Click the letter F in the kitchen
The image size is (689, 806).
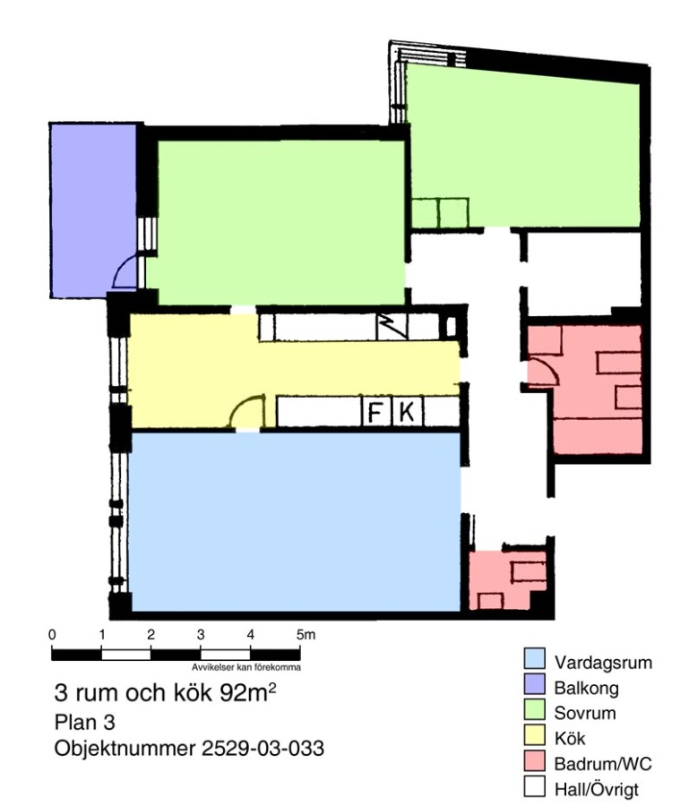[375, 412]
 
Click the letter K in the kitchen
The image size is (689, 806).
[407, 412]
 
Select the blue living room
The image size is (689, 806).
[295, 522]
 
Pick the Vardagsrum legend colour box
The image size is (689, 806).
[534, 659]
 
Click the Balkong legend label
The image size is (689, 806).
[586, 688]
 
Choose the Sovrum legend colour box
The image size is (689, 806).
[534, 710]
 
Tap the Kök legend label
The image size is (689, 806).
[570, 738]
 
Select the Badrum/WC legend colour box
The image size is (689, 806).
[534, 760]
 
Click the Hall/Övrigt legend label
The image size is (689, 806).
[597, 789]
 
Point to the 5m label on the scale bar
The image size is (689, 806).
[306, 635]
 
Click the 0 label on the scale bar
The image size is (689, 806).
[52, 635]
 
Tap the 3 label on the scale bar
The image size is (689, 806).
[201, 635]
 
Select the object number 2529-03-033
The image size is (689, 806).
[263, 749]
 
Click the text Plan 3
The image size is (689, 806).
[84, 722]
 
